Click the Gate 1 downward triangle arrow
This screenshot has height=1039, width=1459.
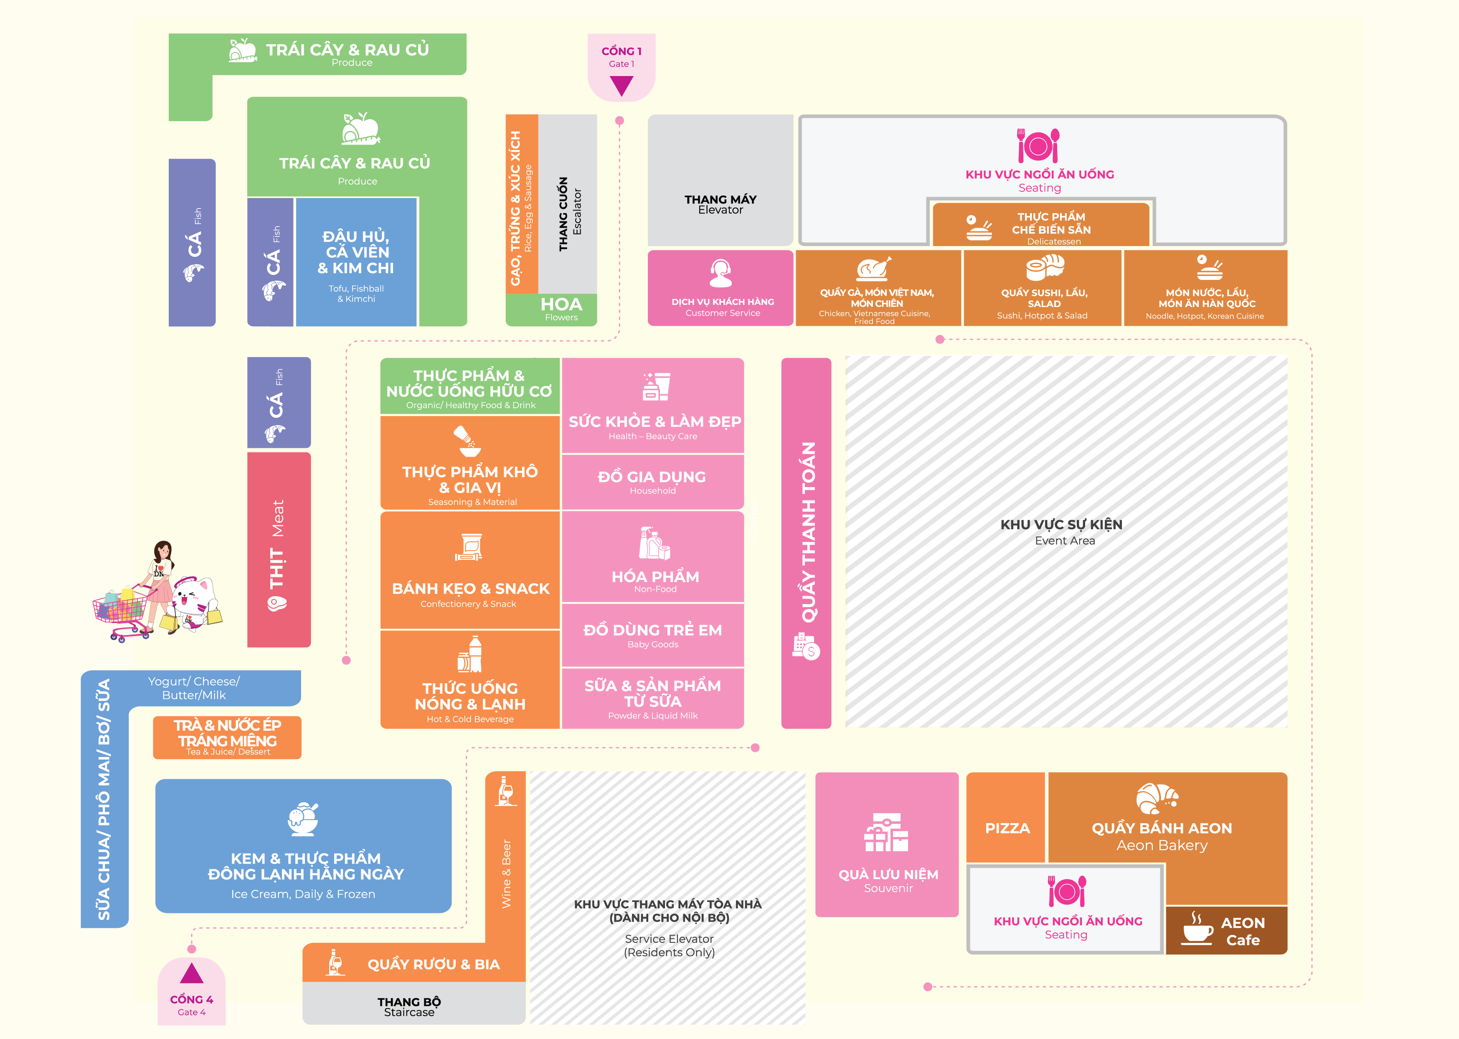click(621, 85)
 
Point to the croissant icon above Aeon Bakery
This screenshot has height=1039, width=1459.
click(1157, 798)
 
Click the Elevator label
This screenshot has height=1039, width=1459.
click(720, 210)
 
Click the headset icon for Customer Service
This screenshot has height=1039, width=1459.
click(721, 273)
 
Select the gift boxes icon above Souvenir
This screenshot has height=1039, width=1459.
click(886, 832)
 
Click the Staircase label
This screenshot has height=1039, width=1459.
click(409, 1012)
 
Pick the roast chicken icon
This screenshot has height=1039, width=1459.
click(874, 269)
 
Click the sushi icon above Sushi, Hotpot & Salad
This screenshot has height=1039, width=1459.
click(1045, 267)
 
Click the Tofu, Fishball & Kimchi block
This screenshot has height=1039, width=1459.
click(356, 262)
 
